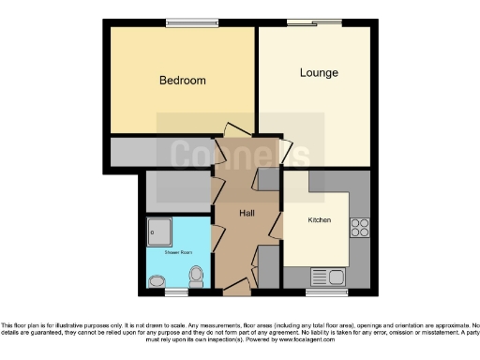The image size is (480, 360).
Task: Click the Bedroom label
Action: [182, 81]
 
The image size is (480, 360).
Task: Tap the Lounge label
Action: [319, 73]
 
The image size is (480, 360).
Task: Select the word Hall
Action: [247, 214]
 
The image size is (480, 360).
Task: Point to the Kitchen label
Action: [320, 220]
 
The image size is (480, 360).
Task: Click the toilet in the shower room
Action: [196, 276]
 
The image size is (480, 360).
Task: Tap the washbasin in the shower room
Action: [157, 279]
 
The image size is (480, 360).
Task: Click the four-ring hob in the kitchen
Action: [359, 228]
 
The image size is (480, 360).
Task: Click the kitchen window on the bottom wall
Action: [327, 292]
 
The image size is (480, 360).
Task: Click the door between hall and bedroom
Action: [232, 131]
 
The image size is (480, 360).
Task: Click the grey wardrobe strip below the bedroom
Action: [160, 152]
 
